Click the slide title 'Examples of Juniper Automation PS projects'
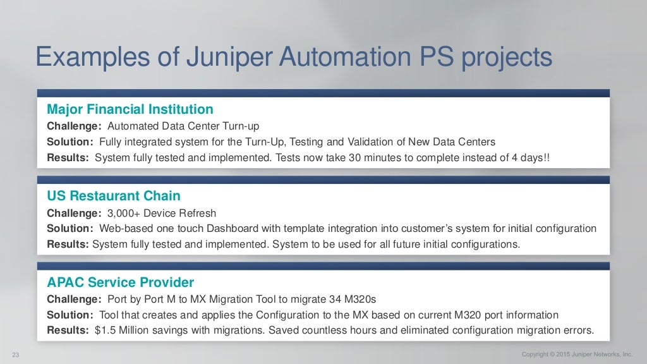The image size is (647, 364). tap(294, 58)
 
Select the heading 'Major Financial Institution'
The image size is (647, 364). tap(130, 109)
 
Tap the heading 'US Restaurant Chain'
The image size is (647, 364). tap(114, 196)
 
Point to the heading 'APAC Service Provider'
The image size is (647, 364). tap(121, 282)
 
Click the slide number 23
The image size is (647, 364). tap(16, 355)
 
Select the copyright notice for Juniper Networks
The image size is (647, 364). tap(577, 354)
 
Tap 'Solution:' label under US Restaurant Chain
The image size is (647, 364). tap(70, 228)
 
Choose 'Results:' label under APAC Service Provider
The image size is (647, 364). tap(68, 330)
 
